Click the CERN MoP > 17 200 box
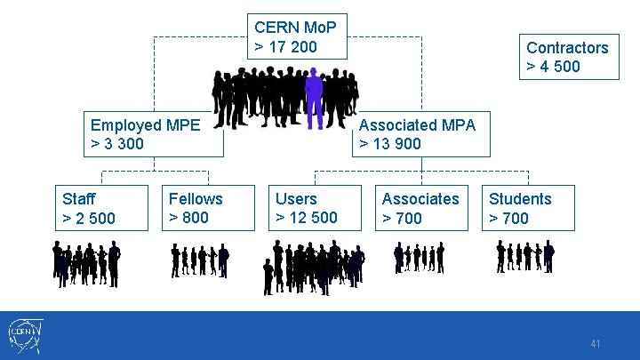[x=297, y=36]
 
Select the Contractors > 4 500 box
[x=569, y=57]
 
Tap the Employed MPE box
[x=153, y=134]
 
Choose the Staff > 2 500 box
[x=100, y=208]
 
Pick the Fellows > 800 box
[x=206, y=208]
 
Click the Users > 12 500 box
[x=313, y=208]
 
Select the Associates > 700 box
[x=420, y=208]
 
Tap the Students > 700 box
[x=526, y=208]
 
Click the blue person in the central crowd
[x=314, y=99]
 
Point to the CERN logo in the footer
[x=24, y=335]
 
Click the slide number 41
[x=596, y=343]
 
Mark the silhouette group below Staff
[x=86, y=263]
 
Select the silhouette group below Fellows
[x=199, y=260]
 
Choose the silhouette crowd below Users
[x=313, y=266]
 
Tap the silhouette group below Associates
[x=419, y=258]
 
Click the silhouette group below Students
[x=524, y=257]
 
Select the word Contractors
[x=567, y=48]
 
